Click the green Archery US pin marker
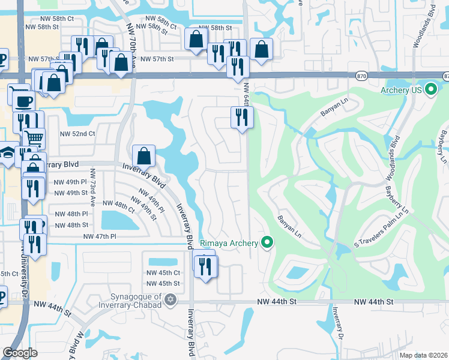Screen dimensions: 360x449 430,91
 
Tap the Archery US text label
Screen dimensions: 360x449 402,91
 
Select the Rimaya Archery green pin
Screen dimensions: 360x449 268,242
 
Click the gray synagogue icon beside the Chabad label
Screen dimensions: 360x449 171,299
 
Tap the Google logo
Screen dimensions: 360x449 20,352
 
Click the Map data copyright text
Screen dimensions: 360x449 424,355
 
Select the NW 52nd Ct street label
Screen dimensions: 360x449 77,134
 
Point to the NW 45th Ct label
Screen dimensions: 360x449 163,273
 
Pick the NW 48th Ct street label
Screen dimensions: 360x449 119,206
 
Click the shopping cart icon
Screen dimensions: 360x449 34,139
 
